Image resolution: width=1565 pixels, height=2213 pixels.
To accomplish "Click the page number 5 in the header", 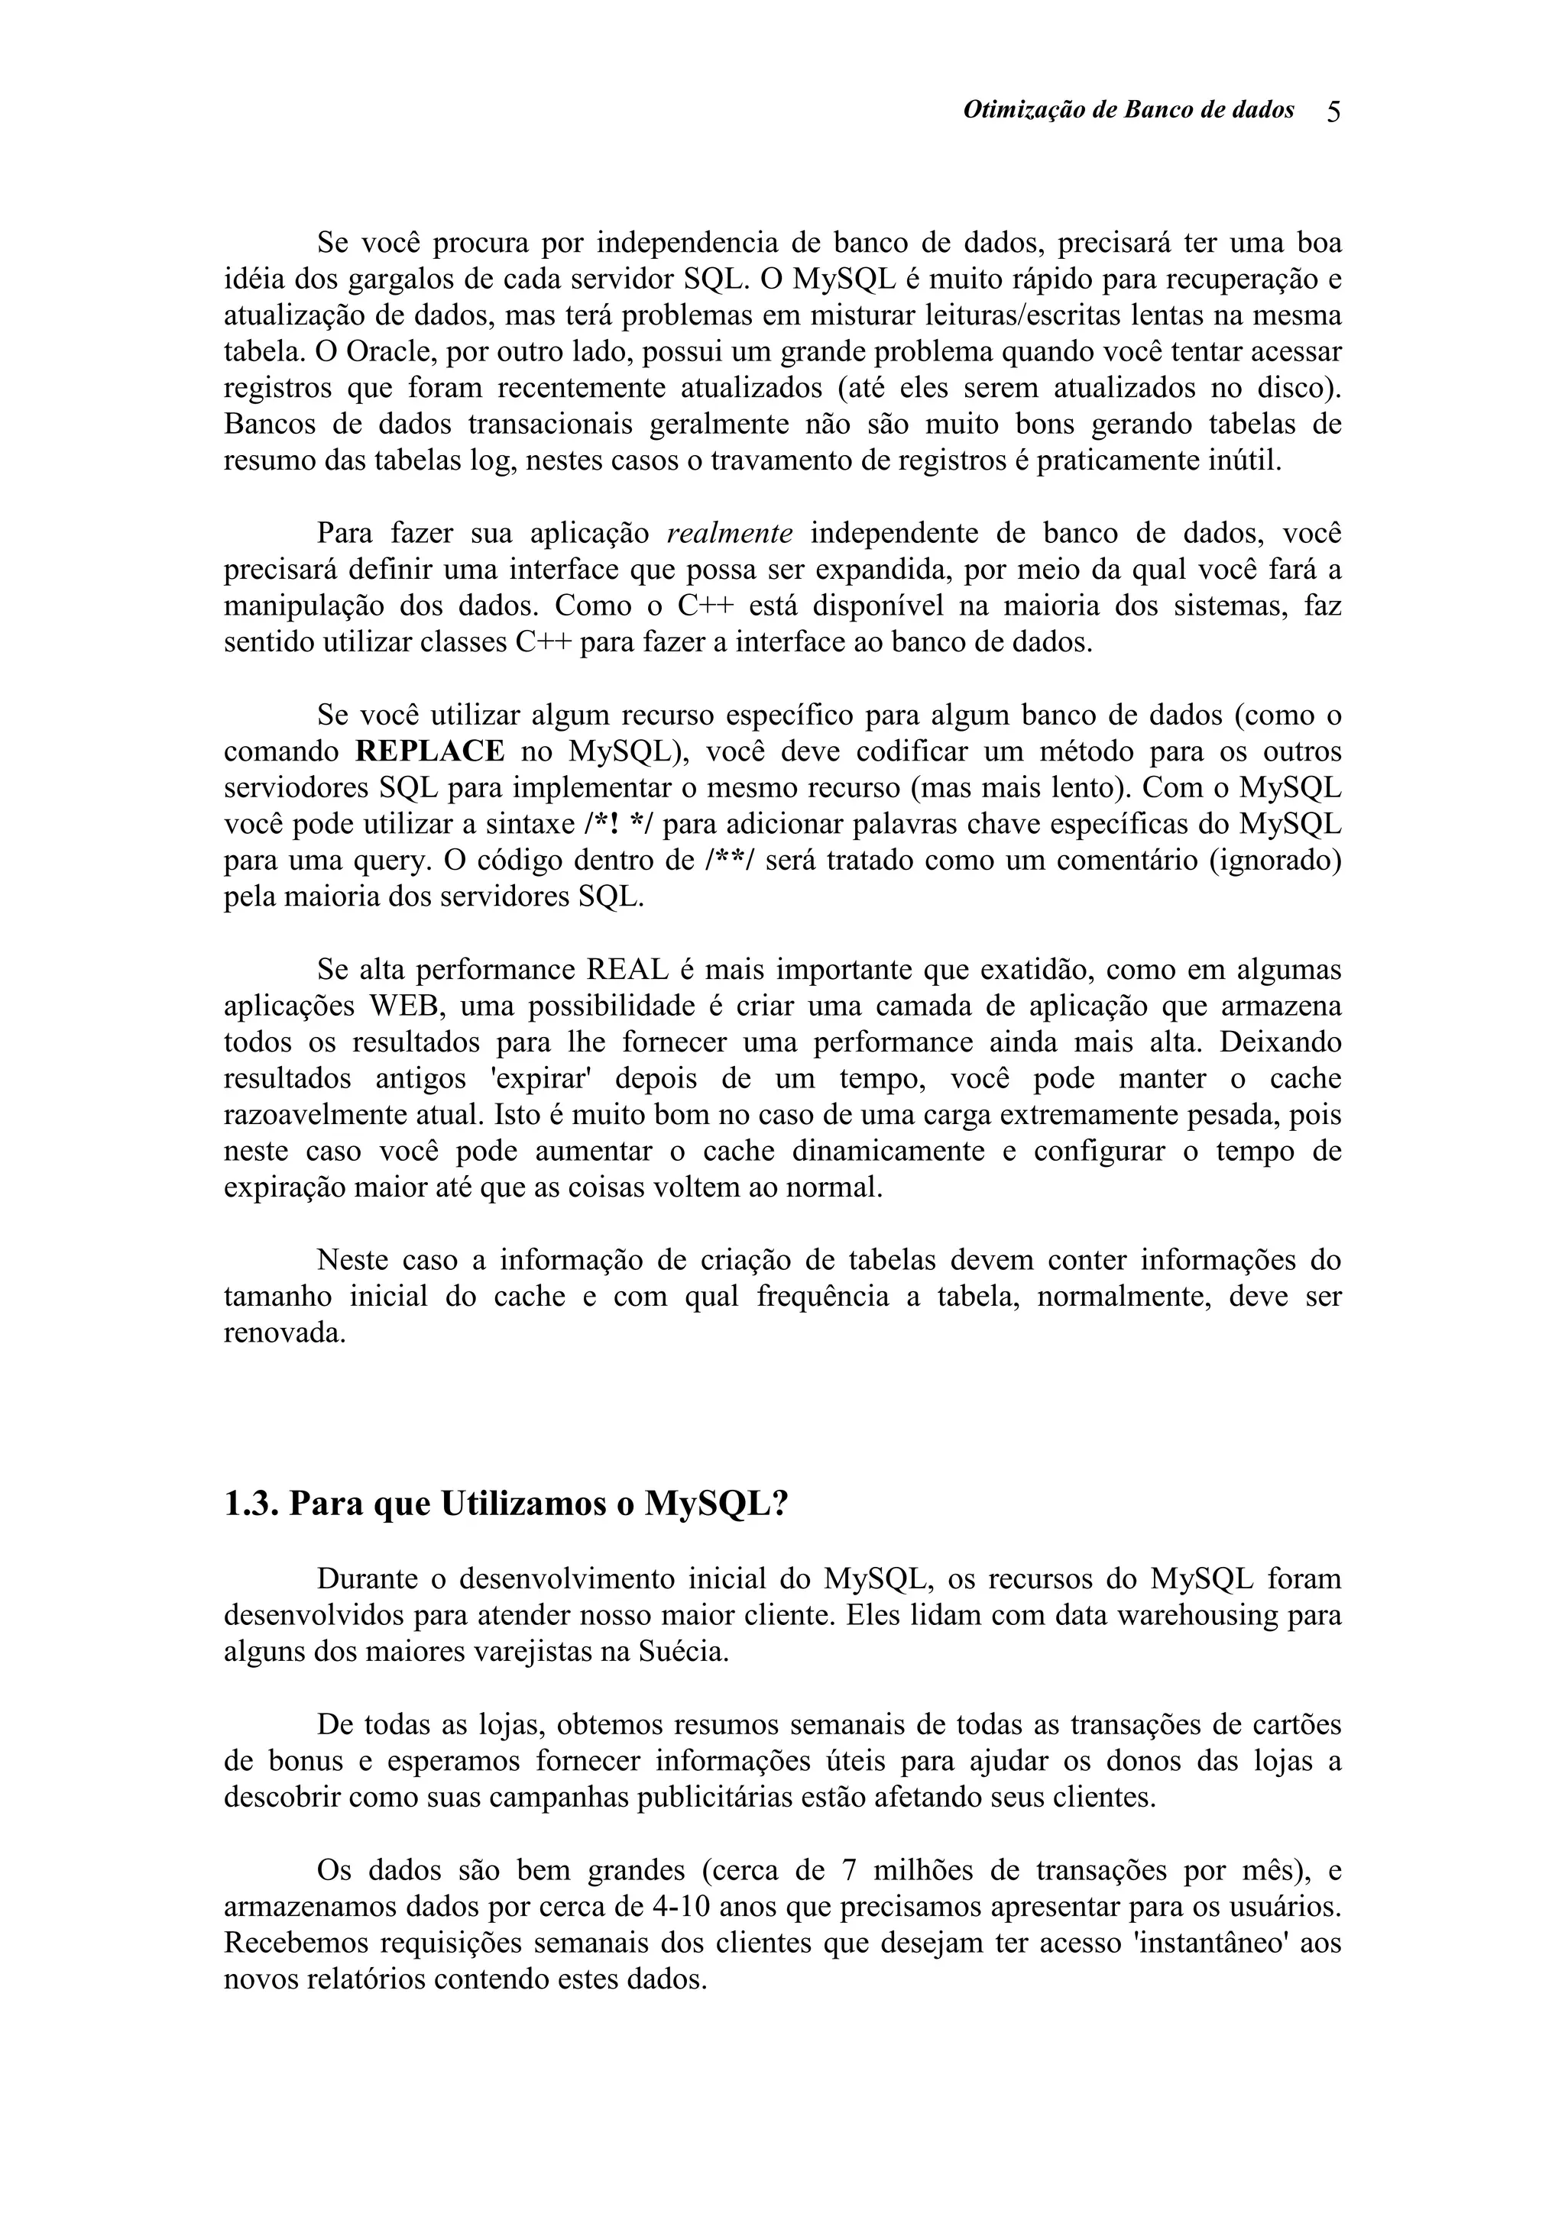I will [1333, 111].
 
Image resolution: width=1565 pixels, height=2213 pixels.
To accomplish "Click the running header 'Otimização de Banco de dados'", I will [1128, 111].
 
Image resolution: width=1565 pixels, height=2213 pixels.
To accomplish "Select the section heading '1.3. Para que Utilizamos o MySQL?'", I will [505, 1504].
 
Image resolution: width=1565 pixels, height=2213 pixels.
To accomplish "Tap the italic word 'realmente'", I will [730, 534].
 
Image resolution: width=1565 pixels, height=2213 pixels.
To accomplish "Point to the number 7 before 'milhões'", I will [848, 1871].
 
